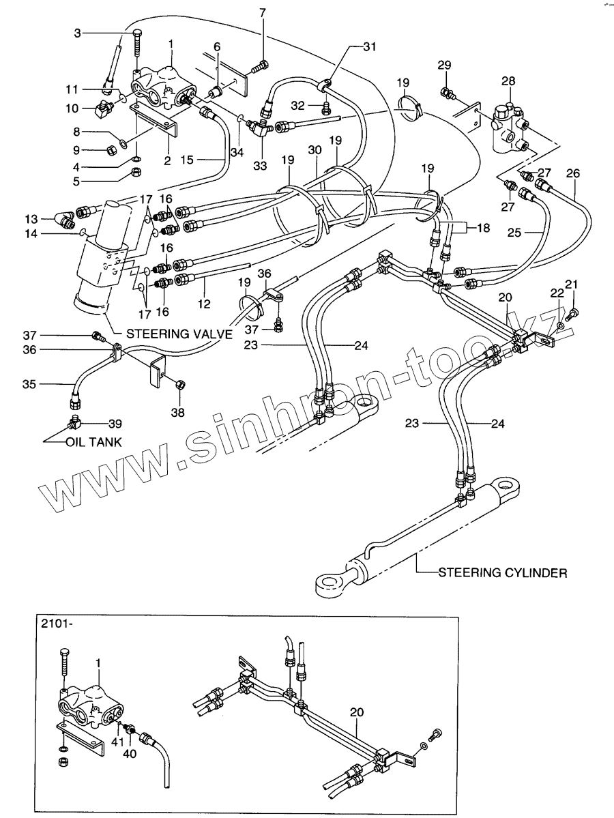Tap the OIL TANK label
click(x=95, y=441)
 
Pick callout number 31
click(x=369, y=46)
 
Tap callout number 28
click(x=509, y=83)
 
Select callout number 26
click(x=573, y=173)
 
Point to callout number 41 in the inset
click(x=116, y=742)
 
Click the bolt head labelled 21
click(x=574, y=315)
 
